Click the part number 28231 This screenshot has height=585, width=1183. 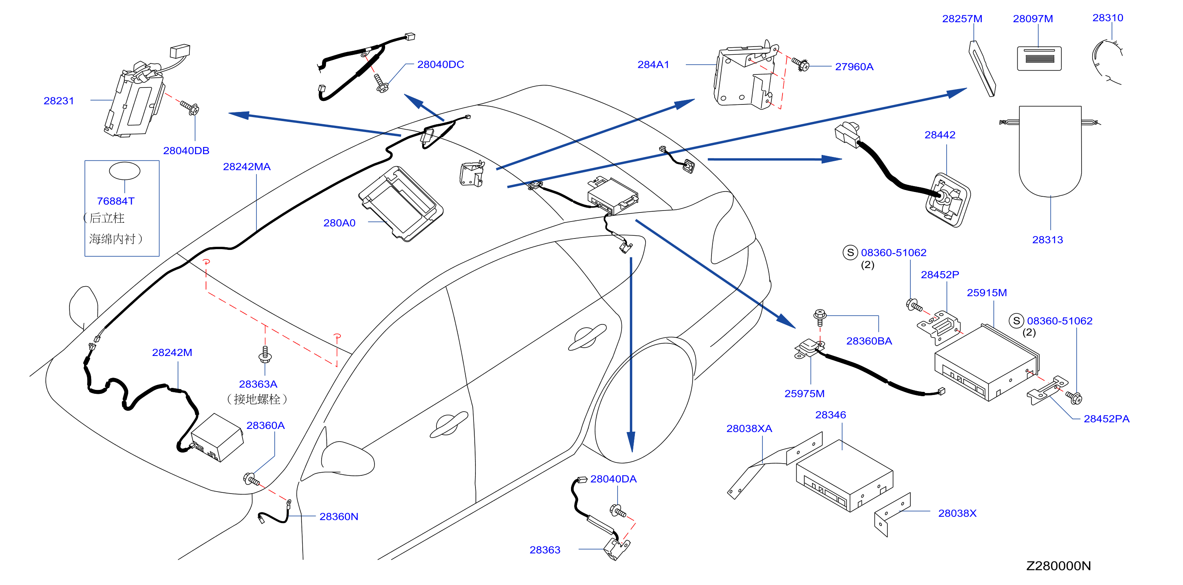[x=59, y=101]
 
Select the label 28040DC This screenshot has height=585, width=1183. [x=440, y=65]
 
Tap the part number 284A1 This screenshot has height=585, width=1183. [x=653, y=65]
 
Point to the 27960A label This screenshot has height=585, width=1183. [x=854, y=67]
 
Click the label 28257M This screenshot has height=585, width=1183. [x=962, y=19]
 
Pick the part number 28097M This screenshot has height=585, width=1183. [x=1033, y=19]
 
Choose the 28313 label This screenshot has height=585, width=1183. [x=1048, y=240]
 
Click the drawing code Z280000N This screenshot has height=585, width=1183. [x=1059, y=566]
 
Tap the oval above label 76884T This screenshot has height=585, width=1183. [x=124, y=171]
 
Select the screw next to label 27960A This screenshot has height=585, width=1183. [x=800, y=64]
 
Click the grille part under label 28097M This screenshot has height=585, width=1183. [x=1039, y=58]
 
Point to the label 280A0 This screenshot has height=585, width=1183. [x=339, y=223]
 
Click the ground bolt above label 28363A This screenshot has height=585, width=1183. [x=265, y=354]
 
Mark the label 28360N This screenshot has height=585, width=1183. [x=339, y=517]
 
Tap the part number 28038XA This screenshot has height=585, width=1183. [x=749, y=429]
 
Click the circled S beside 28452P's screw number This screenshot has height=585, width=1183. [x=850, y=252]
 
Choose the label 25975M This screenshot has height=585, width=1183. [x=804, y=394]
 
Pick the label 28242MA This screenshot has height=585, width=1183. [x=247, y=167]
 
